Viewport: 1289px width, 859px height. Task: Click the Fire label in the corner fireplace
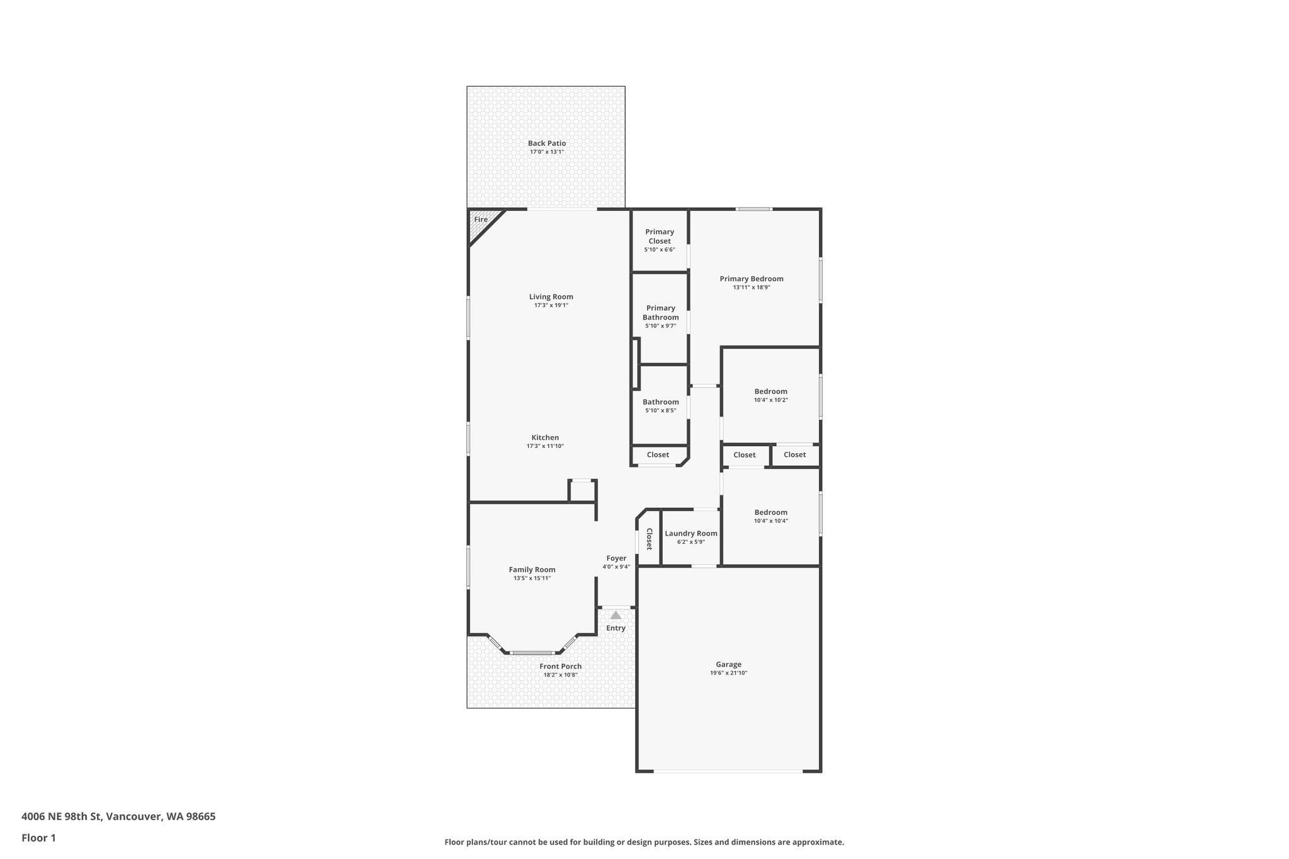pos(481,220)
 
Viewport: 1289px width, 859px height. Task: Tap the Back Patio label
pos(546,143)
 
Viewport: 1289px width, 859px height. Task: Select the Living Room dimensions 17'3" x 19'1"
pos(551,305)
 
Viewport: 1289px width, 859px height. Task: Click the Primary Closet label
pos(659,237)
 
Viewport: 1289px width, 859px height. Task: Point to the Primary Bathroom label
pos(660,313)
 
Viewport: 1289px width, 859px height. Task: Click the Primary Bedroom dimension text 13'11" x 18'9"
pos(751,288)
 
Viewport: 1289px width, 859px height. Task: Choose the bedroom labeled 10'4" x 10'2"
pos(770,395)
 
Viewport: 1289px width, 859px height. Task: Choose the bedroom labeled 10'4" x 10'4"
pos(770,516)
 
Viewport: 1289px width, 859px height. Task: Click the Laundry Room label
pos(690,534)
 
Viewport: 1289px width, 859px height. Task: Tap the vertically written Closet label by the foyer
pos(649,539)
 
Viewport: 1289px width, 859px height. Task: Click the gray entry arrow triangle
pos(616,615)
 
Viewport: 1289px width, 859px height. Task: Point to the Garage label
pos(728,665)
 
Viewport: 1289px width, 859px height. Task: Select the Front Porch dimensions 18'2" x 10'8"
pos(560,675)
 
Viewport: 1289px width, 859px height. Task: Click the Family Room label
pos(532,570)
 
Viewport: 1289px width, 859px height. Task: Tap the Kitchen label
pos(545,438)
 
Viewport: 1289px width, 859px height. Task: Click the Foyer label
pos(616,558)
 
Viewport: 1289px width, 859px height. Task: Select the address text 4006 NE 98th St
pos(61,817)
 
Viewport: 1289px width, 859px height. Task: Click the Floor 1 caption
pos(38,838)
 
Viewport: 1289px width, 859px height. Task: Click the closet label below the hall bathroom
pos(658,455)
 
